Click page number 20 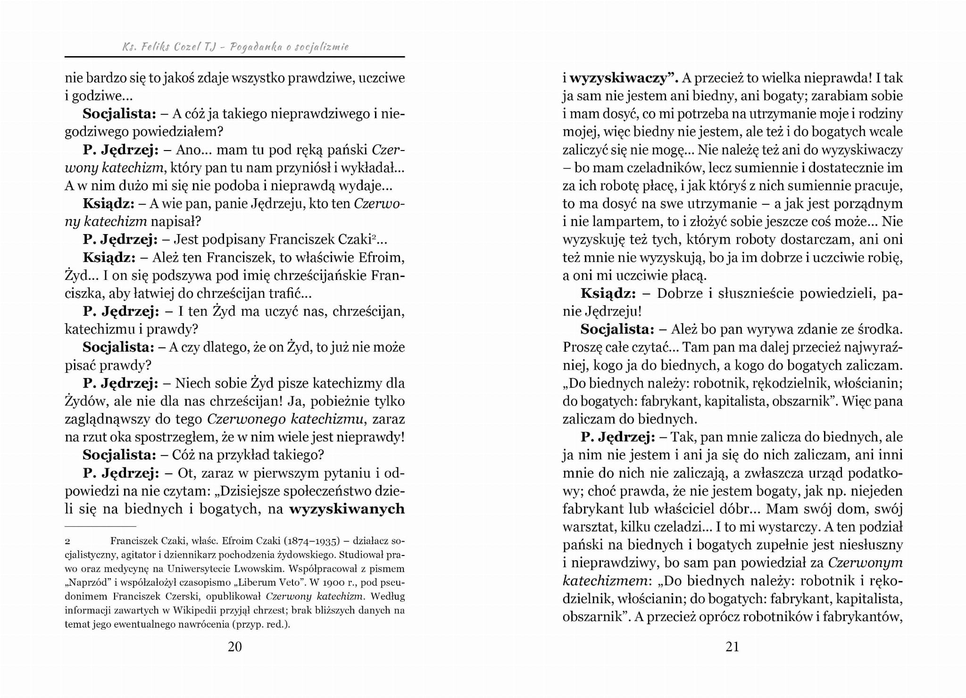coord(234,647)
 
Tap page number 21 coord(732,647)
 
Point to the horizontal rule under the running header coord(234,57)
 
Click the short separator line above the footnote coord(100,526)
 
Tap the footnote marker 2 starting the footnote coord(67,541)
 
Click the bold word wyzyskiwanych coord(347,509)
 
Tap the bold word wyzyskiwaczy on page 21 coord(621,78)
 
